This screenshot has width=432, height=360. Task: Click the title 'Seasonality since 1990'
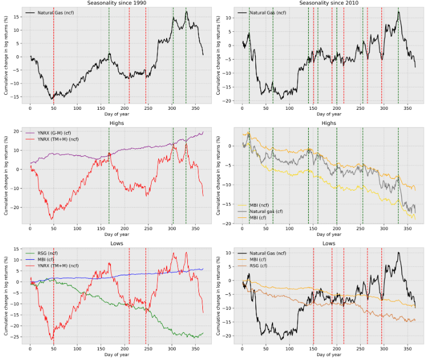coord(117,3)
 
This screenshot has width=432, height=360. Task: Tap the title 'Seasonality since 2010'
coord(329,3)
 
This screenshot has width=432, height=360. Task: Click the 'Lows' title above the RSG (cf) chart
coord(329,244)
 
